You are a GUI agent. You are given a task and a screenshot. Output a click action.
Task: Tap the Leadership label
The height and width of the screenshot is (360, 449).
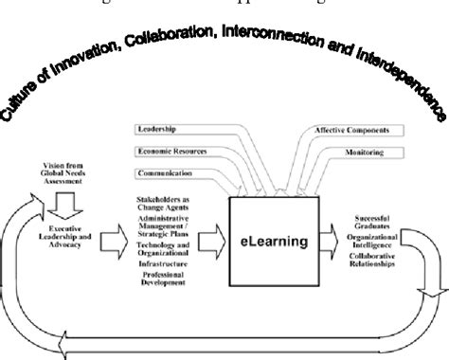(158, 129)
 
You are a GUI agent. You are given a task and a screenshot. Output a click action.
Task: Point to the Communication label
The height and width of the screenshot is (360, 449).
(165, 173)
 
